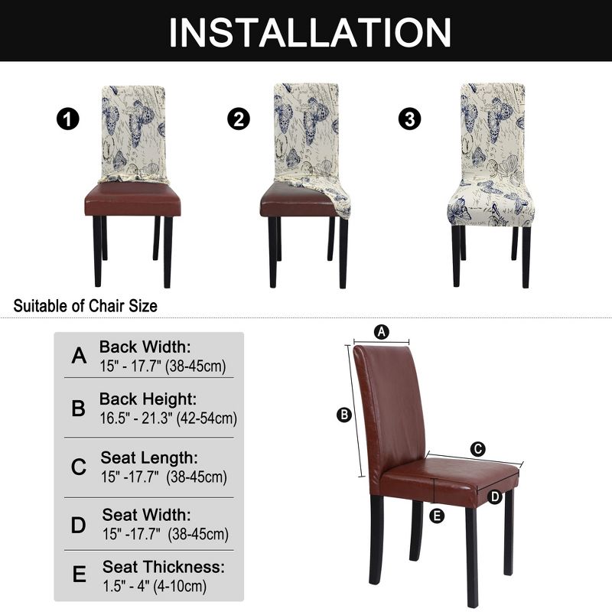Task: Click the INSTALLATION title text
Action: (x=309, y=32)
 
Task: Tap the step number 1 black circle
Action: (x=68, y=119)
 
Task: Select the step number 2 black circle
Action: (x=239, y=119)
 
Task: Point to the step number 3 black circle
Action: (x=410, y=119)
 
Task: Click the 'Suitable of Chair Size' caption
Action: (x=86, y=306)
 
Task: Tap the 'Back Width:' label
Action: (x=145, y=347)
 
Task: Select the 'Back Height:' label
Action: (x=148, y=399)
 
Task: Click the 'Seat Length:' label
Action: (x=149, y=458)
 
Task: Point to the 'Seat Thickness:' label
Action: (x=164, y=568)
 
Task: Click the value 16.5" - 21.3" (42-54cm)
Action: (x=168, y=418)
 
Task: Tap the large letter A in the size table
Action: (x=79, y=356)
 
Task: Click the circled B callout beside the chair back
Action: (x=344, y=415)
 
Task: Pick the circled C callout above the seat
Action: (x=478, y=448)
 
